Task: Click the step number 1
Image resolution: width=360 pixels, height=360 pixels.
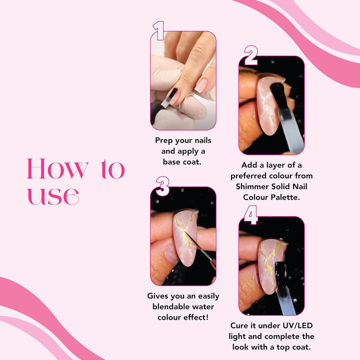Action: click(x=159, y=30)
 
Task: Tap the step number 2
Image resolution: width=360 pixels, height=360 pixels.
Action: click(x=250, y=55)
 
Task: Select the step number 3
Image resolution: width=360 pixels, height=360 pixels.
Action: click(x=162, y=186)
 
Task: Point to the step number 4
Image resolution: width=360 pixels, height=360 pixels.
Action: click(x=250, y=215)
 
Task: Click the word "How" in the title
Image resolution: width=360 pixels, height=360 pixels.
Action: click(x=58, y=169)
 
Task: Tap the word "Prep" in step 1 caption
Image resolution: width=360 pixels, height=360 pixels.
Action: click(x=164, y=140)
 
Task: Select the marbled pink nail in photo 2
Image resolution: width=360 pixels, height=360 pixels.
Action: click(x=267, y=105)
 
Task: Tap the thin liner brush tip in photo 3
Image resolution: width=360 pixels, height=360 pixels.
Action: click(x=185, y=233)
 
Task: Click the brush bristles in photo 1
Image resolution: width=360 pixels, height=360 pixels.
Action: click(x=172, y=95)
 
